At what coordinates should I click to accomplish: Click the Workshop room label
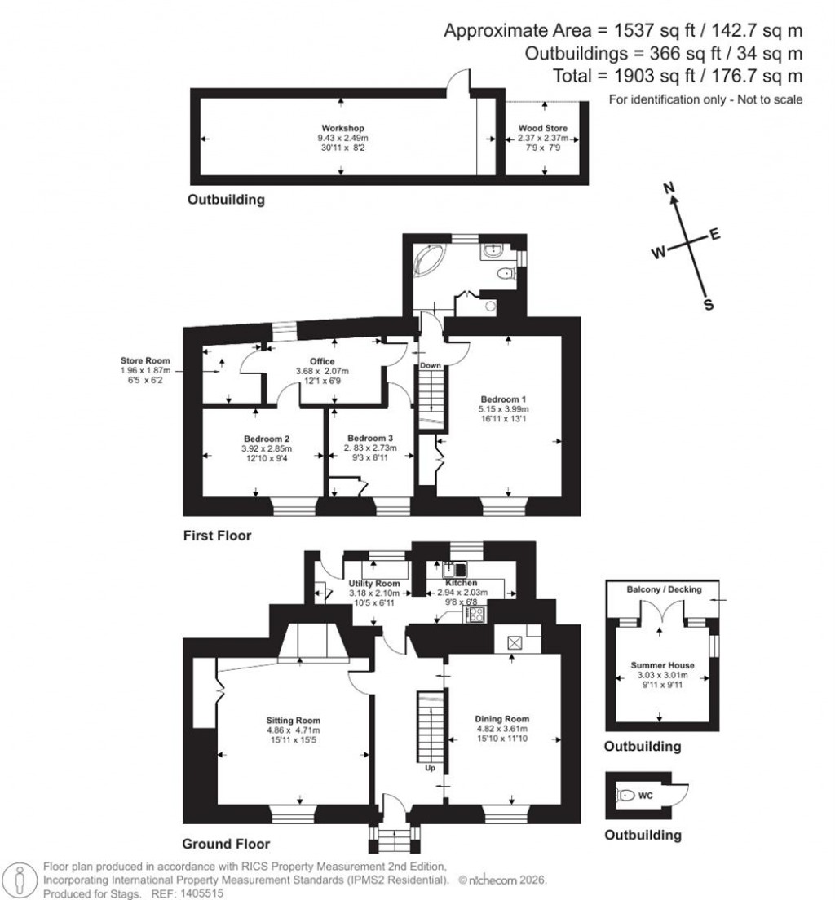342,128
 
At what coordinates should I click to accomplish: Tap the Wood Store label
543,128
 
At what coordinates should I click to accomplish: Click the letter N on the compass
671,189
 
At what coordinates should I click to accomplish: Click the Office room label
322,361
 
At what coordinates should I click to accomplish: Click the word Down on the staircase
431,365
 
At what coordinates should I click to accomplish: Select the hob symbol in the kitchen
475,614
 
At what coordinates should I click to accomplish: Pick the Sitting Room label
293,721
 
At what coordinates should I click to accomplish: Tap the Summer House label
660,665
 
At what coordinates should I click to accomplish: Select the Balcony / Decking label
664,589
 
